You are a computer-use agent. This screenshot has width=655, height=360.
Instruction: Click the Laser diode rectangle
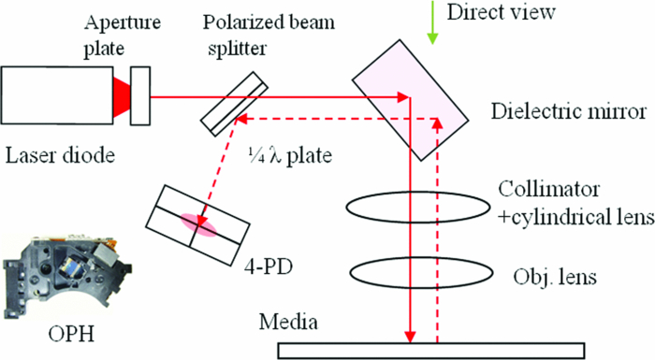coord(56,95)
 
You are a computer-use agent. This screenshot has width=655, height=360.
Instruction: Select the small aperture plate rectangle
coord(140,95)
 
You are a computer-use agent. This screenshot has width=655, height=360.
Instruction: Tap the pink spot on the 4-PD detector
coord(196,223)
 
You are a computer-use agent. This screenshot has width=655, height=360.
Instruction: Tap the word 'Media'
coord(290,324)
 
